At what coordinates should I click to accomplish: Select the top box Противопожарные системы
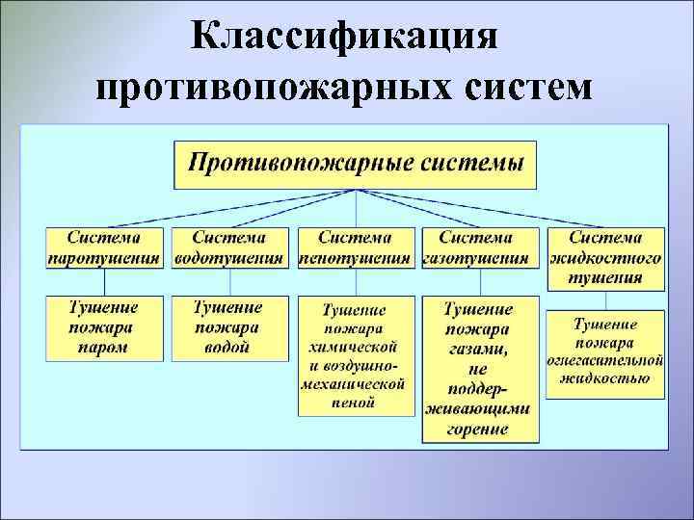pyautogui.click(x=357, y=164)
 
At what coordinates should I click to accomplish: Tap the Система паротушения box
pyautogui.click(x=105, y=247)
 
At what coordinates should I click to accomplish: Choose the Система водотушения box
pyautogui.click(x=229, y=247)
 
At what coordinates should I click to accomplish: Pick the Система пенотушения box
pyautogui.click(x=356, y=247)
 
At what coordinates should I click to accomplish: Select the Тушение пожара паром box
pyautogui.click(x=105, y=327)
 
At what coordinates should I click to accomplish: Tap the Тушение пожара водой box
pyautogui.click(x=229, y=327)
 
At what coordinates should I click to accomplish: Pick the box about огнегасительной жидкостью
pyautogui.click(x=605, y=352)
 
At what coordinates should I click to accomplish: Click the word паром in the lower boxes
pyautogui.click(x=105, y=348)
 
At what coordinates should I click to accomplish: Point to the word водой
pyautogui.click(x=229, y=348)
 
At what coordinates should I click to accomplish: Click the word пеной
pyautogui.click(x=356, y=403)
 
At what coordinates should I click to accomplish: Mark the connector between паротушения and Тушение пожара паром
pyautogui.click(x=105, y=282)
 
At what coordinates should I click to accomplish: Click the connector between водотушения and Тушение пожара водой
pyautogui.click(x=229, y=282)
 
